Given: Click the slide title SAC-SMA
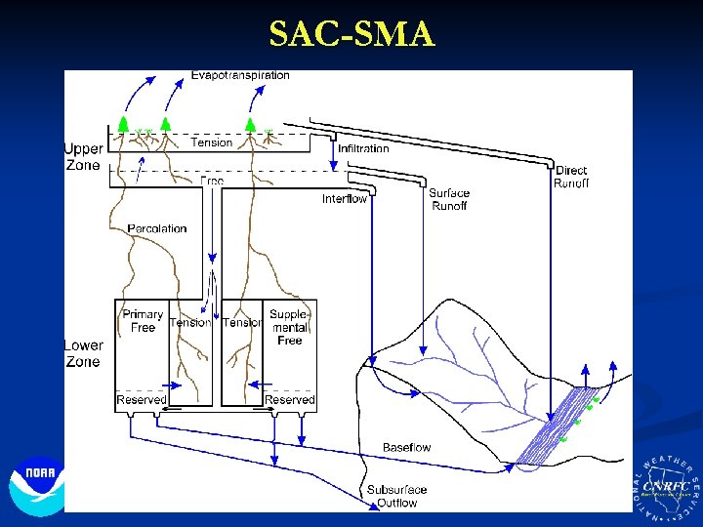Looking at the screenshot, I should [x=351, y=34].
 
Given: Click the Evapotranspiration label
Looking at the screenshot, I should [x=240, y=75].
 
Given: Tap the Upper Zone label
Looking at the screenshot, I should [x=83, y=157].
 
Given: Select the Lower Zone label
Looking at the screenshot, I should [x=83, y=353].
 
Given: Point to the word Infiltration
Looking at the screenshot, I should [x=363, y=148].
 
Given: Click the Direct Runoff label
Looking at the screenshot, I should [x=571, y=177].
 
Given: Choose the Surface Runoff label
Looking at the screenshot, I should [x=449, y=199].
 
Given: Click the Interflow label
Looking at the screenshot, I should [x=345, y=199].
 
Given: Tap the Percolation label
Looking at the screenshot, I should [x=157, y=228].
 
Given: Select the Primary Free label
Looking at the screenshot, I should [x=143, y=321].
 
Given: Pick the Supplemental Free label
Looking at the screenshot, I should [x=289, y=327].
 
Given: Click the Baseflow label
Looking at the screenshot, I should [x=406, y=447].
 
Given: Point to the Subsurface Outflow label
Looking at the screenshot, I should [x=392, y=496].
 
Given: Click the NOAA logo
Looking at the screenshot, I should [x=36, y=485].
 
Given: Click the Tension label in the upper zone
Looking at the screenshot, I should [x=211, y=142].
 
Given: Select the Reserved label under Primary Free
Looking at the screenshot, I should [x=142, y=400].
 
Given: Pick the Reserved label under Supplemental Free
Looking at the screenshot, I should [x=290, y=400].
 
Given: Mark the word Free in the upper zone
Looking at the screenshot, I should [x=212, y=181].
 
